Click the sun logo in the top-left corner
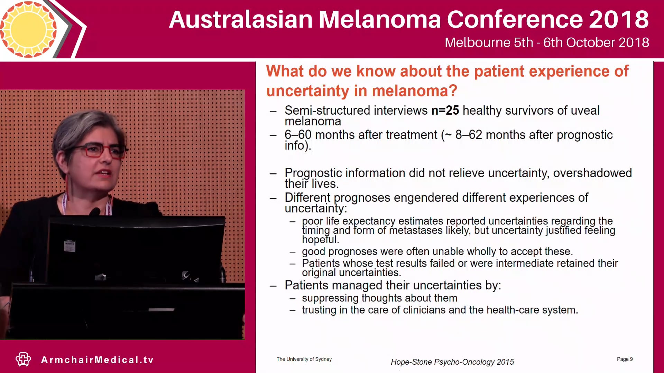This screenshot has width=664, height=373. (28, 29)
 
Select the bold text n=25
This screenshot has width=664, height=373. (445, 111)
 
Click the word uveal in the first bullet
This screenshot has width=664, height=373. (585, 111)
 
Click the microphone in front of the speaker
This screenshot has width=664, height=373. (94, 211)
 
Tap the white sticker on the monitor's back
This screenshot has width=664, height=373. (70, 246)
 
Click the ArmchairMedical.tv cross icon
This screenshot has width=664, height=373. (23, 360)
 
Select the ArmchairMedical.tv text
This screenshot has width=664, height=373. (97, 360)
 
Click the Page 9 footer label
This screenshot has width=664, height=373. (624, 359)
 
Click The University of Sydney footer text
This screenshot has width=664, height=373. (304, 359)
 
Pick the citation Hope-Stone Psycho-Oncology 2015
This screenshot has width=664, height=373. (452, 362)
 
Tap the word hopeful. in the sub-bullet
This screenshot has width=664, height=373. (320, 240)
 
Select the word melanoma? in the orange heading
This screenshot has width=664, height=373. (414, 91)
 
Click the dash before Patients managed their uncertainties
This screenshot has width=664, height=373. (273, 286)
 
